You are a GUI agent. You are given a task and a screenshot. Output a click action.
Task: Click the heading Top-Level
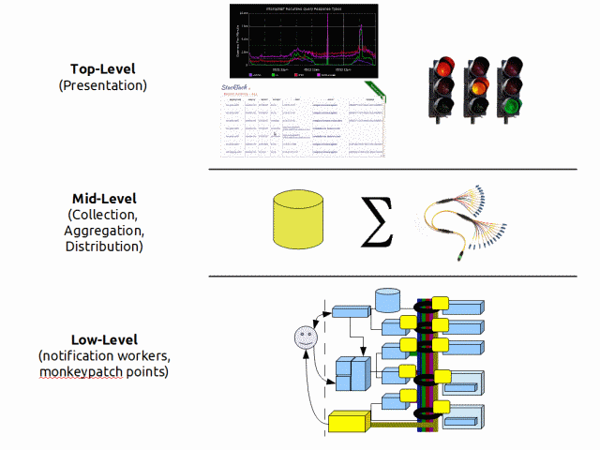(x=103, y=68)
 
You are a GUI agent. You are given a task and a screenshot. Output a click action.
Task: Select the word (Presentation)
(x=103, y=85)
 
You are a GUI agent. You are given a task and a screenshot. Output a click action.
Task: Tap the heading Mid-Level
(x=103, y=199)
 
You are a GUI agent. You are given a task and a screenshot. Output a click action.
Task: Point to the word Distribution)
(x=103, y=247)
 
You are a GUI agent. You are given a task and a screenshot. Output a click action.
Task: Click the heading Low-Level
(x=103, y=339)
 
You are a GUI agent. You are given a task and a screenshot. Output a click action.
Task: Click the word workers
(x=142, y=356)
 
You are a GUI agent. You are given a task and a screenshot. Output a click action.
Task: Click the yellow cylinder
(x=297, y=221)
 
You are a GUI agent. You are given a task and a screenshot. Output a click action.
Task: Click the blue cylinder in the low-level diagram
(x=387, y=301)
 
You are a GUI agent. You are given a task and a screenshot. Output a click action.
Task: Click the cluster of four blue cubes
(x=352, y=374)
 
